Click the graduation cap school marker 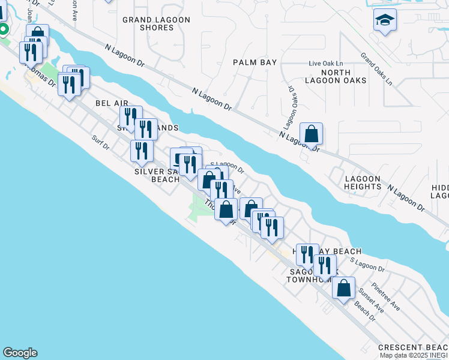[x=385, y=21]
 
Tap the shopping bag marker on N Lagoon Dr [x=312, y=134]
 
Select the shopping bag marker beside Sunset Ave [x=343, y=287]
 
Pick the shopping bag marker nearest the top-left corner [x=38, y=35]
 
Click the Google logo [x=20, y=353]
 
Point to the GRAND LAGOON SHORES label [x=156, y=23]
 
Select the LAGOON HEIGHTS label [x=363, y=182]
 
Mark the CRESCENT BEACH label [x=413, y=348]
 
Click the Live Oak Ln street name [x=326, y=63]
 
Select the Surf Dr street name [x=101, y=142]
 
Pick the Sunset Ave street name [x=371, y=301]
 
